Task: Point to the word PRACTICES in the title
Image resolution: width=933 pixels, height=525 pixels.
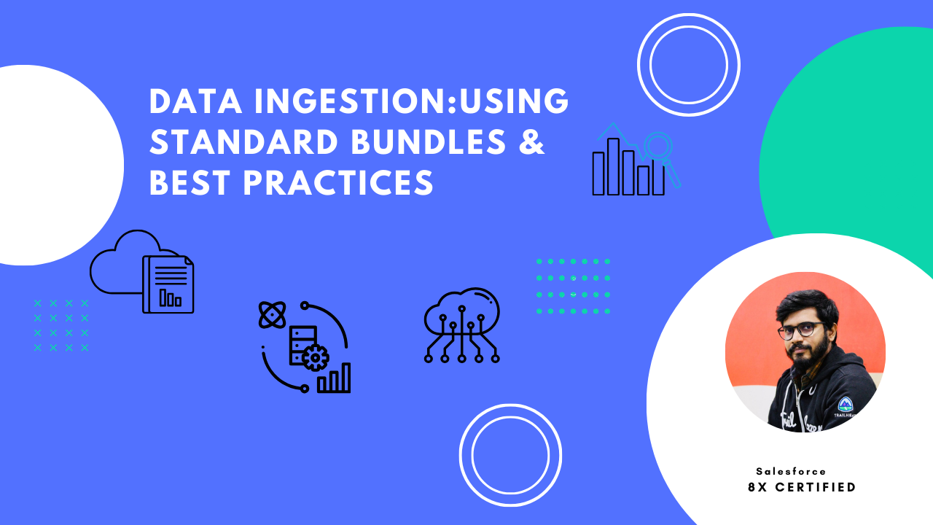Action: pos(338,183)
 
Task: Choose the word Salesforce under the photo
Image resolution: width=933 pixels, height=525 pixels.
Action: pos(791,472)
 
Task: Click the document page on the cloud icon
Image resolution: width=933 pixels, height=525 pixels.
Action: pos(169,284)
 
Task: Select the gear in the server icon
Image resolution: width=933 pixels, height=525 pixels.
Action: pos(315,358)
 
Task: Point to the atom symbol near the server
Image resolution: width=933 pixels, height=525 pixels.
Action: pos(272,315)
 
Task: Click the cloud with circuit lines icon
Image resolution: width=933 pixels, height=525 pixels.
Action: pos(461,324)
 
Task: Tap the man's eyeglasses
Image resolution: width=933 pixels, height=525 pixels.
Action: pos(801,330)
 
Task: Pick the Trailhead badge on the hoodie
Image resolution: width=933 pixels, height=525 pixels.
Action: pos(846,405)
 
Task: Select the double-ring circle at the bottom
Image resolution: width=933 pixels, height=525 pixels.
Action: pos(510,455)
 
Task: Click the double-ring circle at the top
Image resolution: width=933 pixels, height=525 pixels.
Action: pos(688,64)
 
